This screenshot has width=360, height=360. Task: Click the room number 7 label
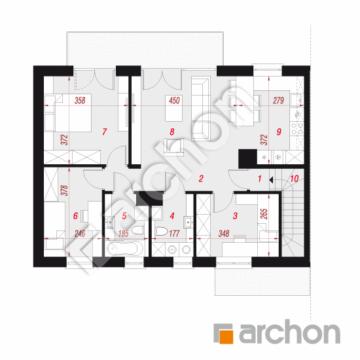[105, 132]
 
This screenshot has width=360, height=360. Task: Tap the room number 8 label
[172, 132]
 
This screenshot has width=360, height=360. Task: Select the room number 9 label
[279, 132]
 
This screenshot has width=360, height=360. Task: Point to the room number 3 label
[235, 215]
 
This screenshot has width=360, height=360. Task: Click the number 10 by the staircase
[295, 179]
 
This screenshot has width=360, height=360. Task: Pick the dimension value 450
[174, 100]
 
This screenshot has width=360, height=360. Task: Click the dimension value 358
[80, 100]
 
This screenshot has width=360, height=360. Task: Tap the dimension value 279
[278, 100]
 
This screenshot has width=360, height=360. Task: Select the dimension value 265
[264, 214]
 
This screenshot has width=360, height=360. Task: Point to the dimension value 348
[224, 234]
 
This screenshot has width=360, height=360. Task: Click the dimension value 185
[124, 234]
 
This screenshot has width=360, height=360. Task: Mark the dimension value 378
[65, 190]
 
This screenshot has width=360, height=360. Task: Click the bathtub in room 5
[125, 249]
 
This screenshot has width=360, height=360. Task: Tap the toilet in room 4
[162, 231]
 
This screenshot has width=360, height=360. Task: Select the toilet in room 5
[138, 230]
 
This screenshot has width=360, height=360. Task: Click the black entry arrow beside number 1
[271, 180]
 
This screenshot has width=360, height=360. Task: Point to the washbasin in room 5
[111, 222]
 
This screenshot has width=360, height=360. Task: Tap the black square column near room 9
[247, 158]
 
